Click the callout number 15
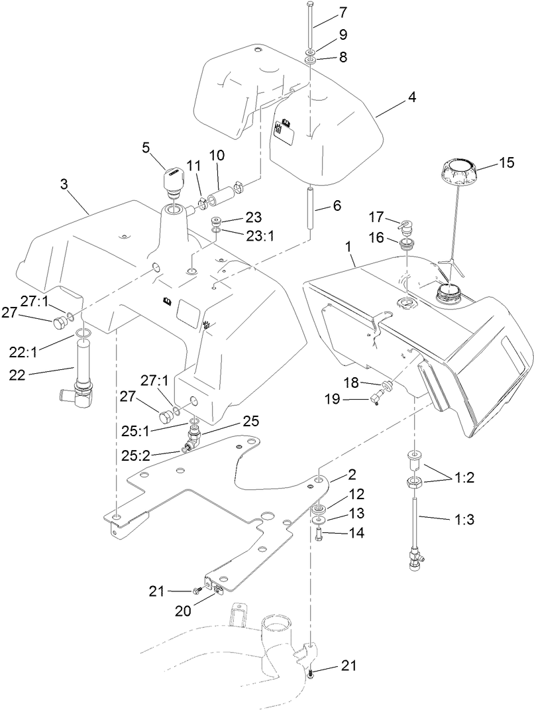(506, 162)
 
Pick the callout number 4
(411, 97)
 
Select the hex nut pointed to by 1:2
(414, 482)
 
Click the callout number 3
(64, 184)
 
